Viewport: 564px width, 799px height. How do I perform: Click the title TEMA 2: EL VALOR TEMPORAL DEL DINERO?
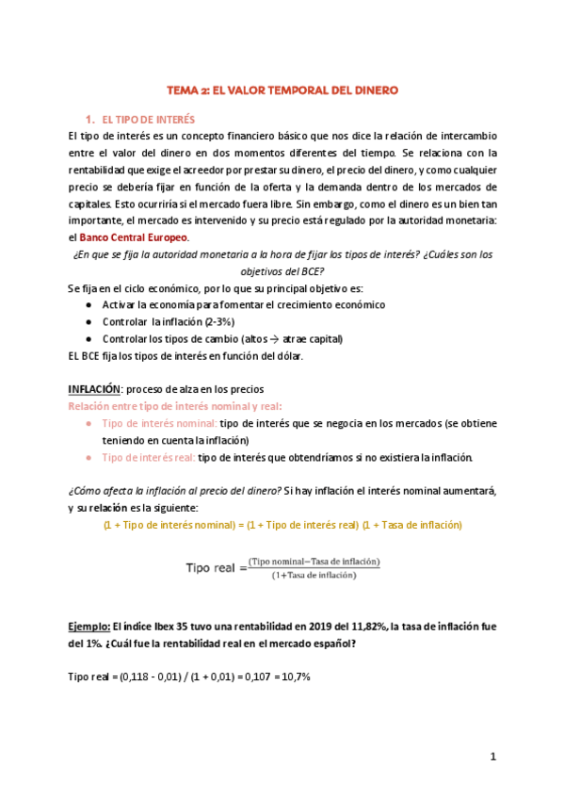click(x=282, y=90)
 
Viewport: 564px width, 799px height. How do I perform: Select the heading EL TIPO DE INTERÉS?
click(x=147, y=120)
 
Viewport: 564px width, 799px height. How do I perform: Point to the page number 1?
click(x=492, y=757)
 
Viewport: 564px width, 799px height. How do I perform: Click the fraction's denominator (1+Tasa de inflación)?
click(x=314, y=574)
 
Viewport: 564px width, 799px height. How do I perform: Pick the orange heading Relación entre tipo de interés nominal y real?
click(x=175, y=406)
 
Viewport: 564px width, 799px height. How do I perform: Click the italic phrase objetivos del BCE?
click(x=282, y=270)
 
